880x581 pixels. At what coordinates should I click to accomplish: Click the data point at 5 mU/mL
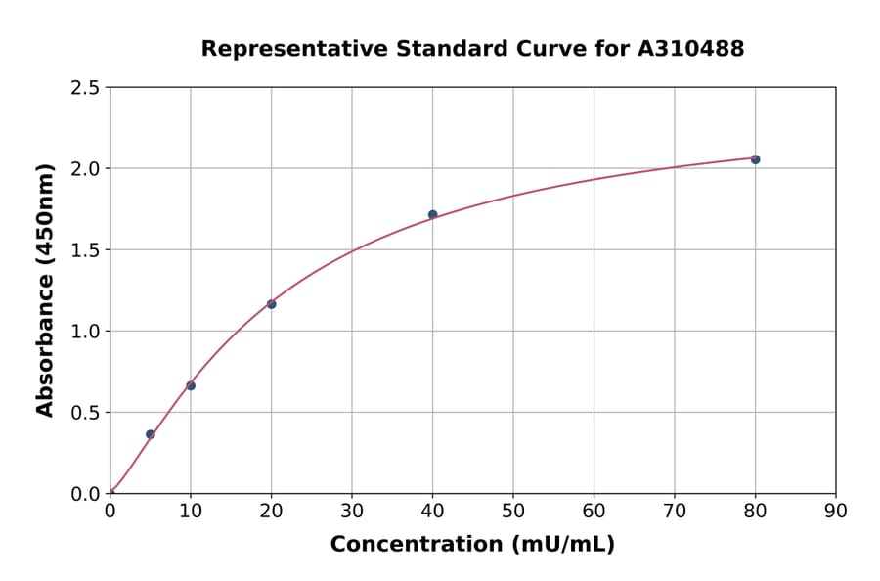click(151, 434)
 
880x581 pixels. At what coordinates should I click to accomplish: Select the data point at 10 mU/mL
click(191, 385)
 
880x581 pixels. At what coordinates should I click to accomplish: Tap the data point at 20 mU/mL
click(271, 304)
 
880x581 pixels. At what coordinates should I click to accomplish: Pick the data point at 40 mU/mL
click(432, 214)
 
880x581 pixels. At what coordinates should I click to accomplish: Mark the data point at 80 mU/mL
click(755, 159)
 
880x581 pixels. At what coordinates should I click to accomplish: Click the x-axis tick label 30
click(352, 511)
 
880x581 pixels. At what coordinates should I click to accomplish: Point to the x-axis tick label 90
click(836, 511)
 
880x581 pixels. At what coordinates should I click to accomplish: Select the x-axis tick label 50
click(513, 511)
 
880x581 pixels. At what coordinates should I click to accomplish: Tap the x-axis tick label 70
click(675, 511)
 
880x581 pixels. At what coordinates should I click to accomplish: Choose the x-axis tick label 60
click(594, 511)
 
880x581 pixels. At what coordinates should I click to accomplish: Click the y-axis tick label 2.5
click(84, 88)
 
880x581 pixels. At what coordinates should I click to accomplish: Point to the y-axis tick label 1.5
click(84, 250)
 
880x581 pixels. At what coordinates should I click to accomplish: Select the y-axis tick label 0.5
click(84, 413)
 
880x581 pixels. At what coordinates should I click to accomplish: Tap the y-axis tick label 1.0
click(84, 332)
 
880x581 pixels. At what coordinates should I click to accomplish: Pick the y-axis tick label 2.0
click(84, 169)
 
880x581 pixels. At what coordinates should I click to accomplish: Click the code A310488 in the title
click(691, 49)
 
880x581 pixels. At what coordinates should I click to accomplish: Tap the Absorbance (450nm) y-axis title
click(45, 290)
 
